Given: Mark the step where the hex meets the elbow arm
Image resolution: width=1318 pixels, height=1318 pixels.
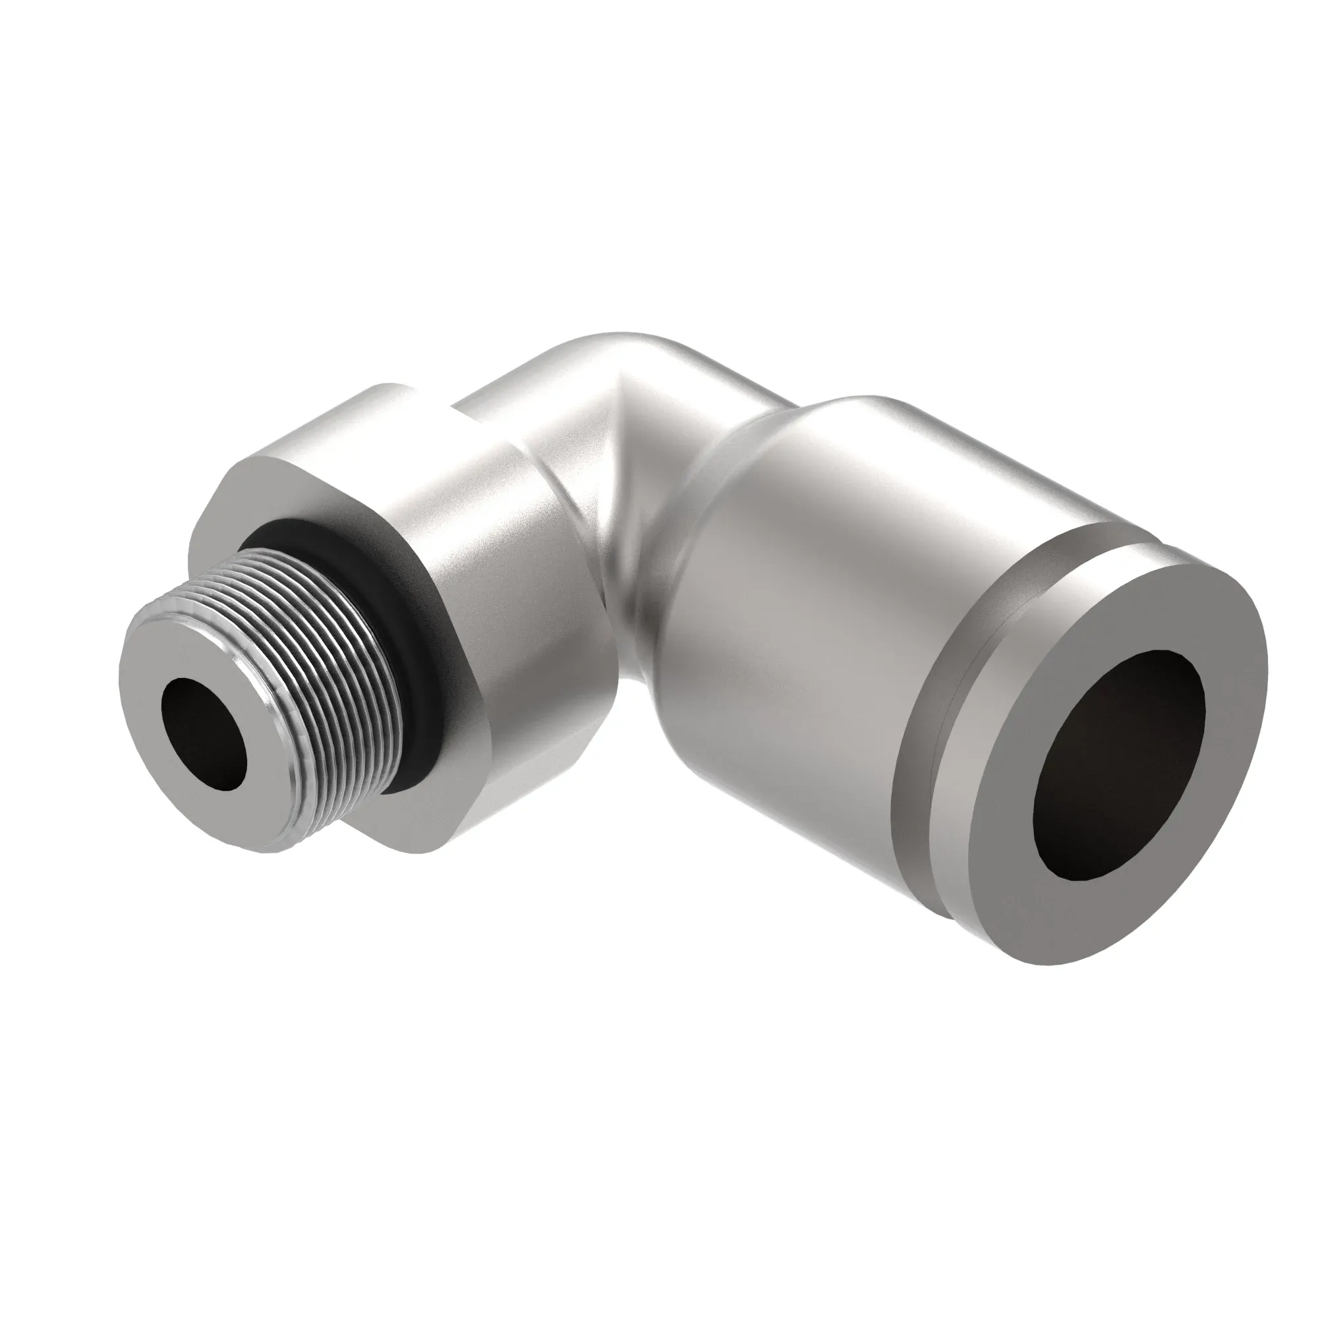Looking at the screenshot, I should [x=437, y=403].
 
